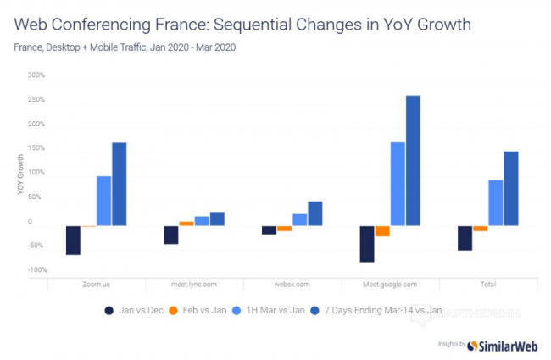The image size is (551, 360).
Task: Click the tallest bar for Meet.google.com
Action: [413, 160]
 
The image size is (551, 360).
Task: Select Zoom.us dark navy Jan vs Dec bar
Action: [73, 240]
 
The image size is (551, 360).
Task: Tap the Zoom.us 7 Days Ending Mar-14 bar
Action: [120, 184]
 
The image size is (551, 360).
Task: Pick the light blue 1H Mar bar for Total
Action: [496, 202]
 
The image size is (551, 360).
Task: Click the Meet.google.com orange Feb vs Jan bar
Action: [382, 231]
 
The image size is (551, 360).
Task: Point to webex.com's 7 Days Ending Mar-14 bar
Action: [315, 213]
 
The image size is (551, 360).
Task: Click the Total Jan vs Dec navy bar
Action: [465, 238]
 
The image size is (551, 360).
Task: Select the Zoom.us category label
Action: [96, 285]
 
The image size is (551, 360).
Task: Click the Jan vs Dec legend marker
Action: [109, 311]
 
